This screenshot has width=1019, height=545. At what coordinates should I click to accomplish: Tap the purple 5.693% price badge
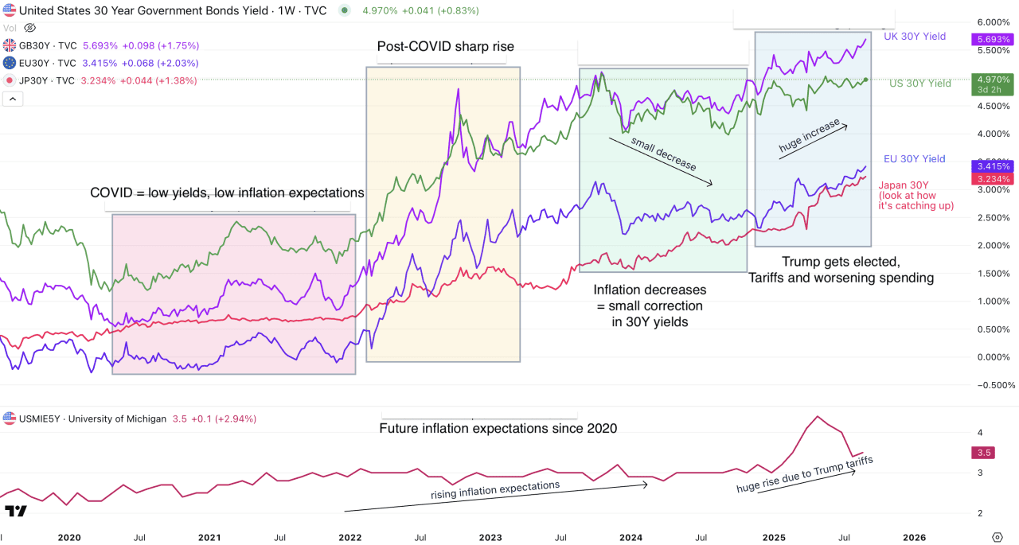tap(991, 39)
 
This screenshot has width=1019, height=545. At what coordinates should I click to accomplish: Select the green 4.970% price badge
tap(991, 79)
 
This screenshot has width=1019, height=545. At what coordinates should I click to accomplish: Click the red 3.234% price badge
tap(991, 180)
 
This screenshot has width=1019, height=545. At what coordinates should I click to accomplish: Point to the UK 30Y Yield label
tap(914, 37)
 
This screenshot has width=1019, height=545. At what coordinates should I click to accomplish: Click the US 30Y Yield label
tap(919, 84)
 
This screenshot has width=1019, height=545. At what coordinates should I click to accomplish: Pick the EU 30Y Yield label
tap(914, 159)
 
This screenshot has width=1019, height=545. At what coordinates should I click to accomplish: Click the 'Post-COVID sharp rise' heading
tap(445, 47)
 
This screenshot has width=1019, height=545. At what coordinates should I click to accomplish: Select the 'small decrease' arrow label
tap(663, 154)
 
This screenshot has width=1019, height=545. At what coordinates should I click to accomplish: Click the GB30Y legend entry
tap(48, 45)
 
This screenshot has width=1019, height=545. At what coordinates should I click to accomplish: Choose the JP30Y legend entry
tap(48, 80)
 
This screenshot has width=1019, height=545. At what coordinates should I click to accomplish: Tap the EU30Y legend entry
tap(48, 63)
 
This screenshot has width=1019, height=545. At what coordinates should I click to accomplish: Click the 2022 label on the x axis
tap(350, 537)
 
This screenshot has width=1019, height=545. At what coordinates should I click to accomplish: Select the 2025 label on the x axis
tap(774, 537)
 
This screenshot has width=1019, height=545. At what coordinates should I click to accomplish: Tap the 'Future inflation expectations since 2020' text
tap(498, 429)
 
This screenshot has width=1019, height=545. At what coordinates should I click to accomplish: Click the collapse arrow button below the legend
tap(13, 99)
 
